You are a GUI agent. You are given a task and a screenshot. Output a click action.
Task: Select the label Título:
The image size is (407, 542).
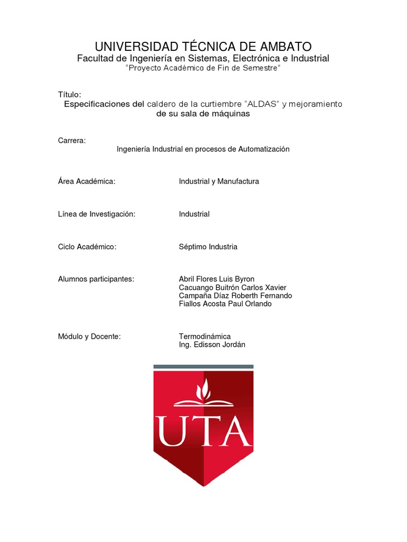[69, 94]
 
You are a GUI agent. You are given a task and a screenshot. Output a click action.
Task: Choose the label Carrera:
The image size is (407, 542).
[72, 140]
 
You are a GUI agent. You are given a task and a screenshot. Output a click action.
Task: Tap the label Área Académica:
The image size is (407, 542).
[86, 182]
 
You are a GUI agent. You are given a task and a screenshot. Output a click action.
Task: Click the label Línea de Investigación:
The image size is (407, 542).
[96, 214]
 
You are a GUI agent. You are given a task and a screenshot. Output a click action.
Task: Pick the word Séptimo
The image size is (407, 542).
[193, 247]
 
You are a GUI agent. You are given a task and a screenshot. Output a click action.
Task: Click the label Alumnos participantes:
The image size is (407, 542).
[96, 279]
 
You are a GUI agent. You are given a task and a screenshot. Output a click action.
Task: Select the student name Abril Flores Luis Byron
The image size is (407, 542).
[217, 279]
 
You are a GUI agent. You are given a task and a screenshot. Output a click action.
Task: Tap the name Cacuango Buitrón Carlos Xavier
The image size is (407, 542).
[233, 287]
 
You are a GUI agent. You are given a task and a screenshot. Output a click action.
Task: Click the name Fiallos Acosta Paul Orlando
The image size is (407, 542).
[225, 304]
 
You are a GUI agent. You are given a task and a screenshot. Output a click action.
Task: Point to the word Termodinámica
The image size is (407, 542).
[205, 336]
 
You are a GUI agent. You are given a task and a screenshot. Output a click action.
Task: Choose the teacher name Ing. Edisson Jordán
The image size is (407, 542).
[212, 345]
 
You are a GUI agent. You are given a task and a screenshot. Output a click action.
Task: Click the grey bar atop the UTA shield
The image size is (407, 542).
[203, 366]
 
